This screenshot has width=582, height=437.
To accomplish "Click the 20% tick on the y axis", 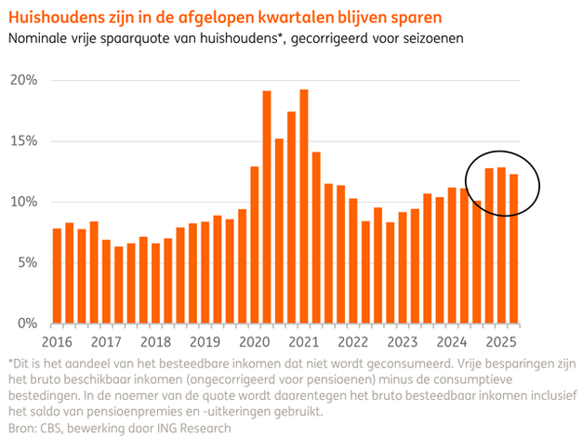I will click(x=23, y=80).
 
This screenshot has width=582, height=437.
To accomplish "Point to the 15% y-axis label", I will click(x=23, y=141).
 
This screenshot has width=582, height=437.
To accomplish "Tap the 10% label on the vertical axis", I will click(x=23, y=202).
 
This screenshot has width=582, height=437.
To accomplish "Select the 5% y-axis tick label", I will click(x=26, y=262).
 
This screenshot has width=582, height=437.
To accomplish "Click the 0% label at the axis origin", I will click(x=26, y=324).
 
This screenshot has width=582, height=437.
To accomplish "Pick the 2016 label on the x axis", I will click(x=57, y=341).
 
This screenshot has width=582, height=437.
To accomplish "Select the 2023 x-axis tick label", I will click(x=403, y=341).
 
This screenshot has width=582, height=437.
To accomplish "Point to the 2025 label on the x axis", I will click(x=501, y=341).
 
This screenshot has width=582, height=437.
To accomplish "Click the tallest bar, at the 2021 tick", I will click(x=304, y=206).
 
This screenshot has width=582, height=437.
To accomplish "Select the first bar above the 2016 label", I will click(x=57, y=275).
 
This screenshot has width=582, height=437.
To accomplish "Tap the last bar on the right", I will click(x=513, y=248).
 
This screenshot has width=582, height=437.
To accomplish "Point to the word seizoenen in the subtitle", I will click(x=430, y=39).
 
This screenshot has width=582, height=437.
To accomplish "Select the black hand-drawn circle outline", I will click(x=468, y=182).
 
